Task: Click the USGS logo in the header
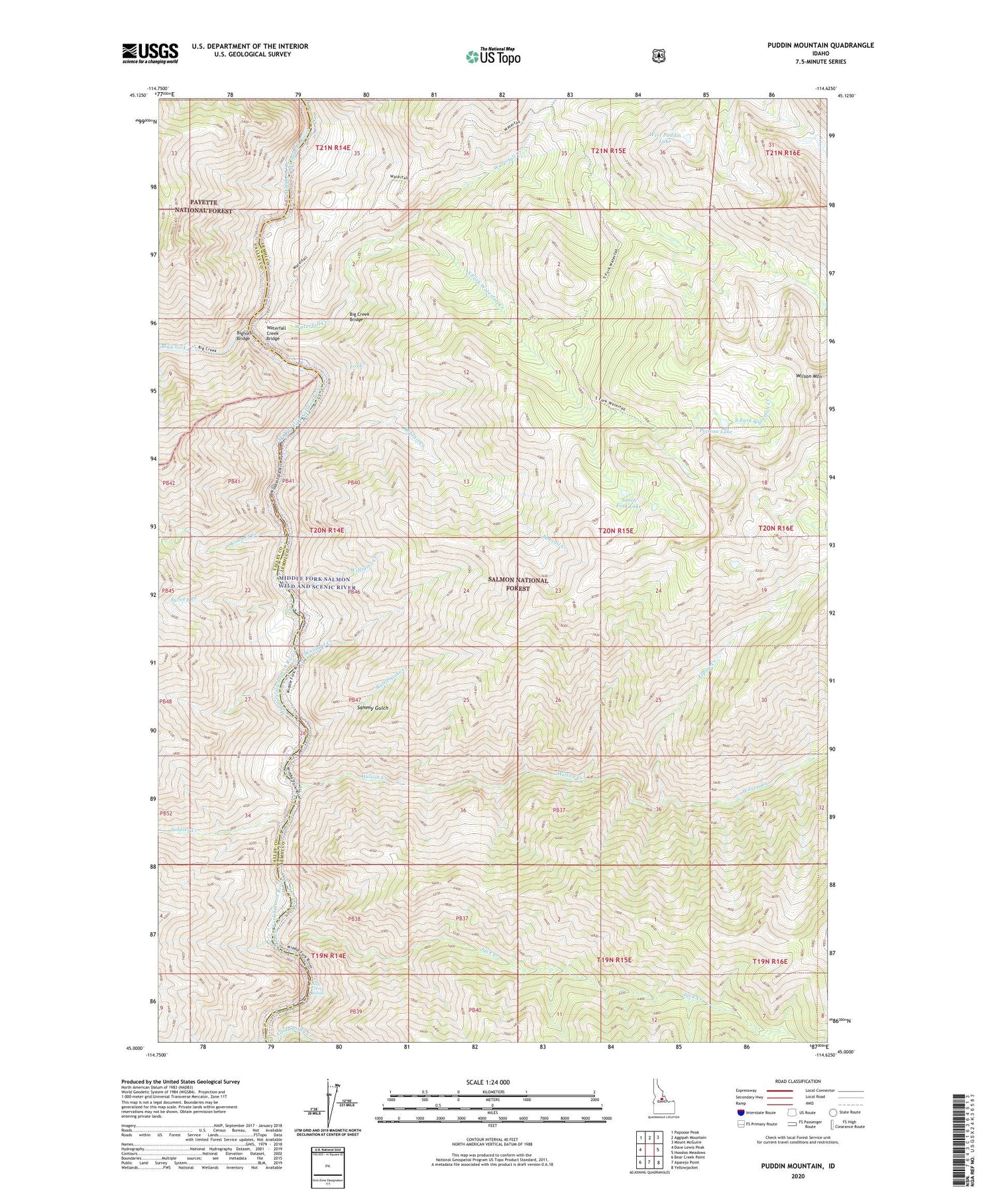coord(150,52)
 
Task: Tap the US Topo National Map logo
coord(493,56)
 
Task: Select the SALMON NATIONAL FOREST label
coord(518,584)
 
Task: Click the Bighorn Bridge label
coord(244,335)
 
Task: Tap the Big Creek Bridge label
coord(360,316)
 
